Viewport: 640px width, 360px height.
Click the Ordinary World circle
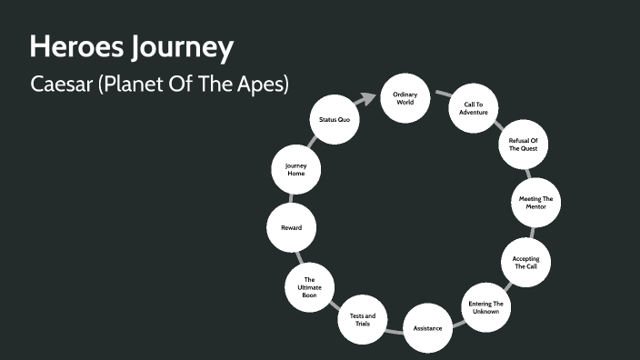click(x=405, y=98)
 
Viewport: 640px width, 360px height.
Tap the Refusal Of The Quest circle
click(x=522, y=145)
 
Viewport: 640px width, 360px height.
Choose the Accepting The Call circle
click(x=525, y=263)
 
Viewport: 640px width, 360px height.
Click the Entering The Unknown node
click(x=485, y=306)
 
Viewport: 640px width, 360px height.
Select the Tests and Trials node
click(x=363, y=319)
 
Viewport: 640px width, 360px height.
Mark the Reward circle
click(x=291, y=227)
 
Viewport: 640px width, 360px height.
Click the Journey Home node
click(x=295, y=170)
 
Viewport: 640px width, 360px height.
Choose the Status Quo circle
click(x=335, y=119)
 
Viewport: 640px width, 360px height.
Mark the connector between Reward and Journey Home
click(x=293, y=199)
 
